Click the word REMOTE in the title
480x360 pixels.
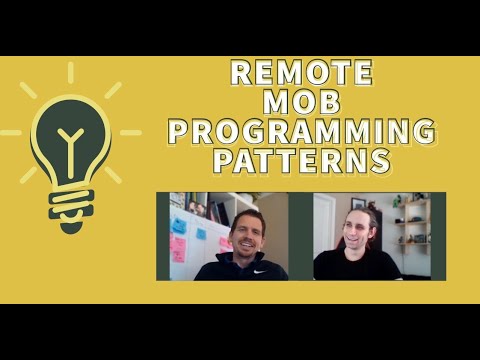coord(301,73)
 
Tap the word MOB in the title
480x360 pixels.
coord(301,102)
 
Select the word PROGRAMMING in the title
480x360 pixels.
coord(301,131)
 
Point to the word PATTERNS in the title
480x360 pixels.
coord(301,160)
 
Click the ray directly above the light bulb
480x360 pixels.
coord(71,72)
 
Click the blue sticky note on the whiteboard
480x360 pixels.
coord(180,226)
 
